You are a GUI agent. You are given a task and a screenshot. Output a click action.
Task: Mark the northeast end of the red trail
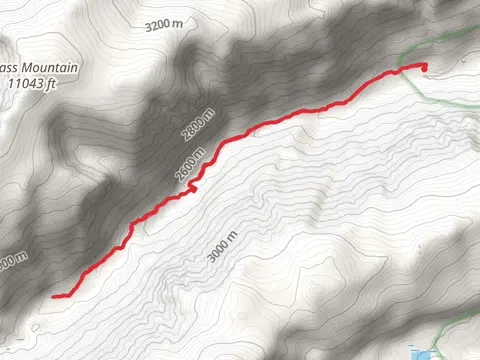click(x=424, y=68)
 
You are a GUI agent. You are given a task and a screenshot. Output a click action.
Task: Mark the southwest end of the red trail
click(x=53, y=295)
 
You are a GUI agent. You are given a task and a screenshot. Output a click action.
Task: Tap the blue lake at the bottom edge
click(x=427, y=355)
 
